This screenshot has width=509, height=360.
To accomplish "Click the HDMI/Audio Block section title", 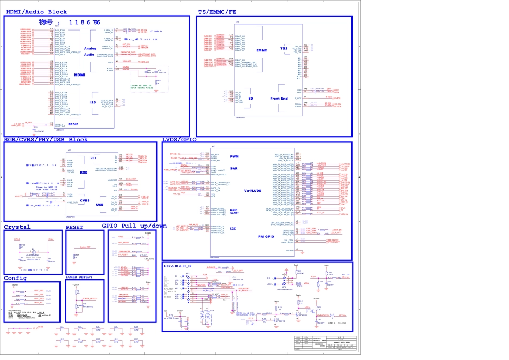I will [36, 11].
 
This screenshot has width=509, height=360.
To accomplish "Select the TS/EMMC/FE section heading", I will [217, 11].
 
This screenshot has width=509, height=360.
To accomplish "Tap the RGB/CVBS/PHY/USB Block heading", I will [46, 139].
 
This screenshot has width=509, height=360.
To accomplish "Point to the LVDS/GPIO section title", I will [179, 139].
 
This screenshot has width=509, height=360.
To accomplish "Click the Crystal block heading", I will [17, 227].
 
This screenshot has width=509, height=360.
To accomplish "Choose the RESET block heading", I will [74, 227].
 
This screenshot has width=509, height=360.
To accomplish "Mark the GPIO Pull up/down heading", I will [134, 226].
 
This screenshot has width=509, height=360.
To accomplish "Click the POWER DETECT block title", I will [79, 277].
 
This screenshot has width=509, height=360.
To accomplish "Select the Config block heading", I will [15, 278].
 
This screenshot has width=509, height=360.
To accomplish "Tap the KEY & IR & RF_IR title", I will [179, 266].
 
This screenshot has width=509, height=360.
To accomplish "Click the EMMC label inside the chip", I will [261, 51].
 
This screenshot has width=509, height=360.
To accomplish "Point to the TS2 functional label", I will [284, 48].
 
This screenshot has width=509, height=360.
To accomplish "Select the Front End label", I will [279, 99].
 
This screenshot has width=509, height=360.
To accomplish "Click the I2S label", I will [93, 102].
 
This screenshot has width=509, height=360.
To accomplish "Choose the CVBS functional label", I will [85, 200].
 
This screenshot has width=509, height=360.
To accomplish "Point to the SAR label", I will [234, 168].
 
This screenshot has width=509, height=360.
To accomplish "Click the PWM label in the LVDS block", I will [234, 156].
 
